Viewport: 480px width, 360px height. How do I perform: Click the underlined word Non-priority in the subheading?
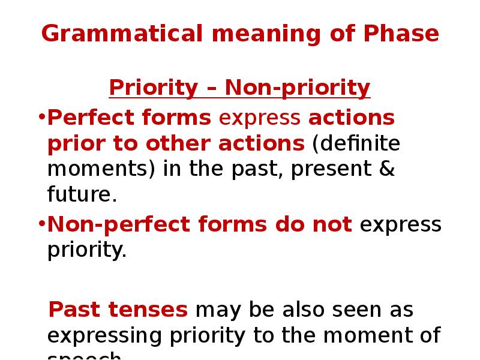point(298,88)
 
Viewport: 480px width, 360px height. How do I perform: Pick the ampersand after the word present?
point(388,170)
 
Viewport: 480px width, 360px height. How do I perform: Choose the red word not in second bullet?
point(335,225)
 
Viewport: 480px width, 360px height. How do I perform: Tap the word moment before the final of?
point(364,335)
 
